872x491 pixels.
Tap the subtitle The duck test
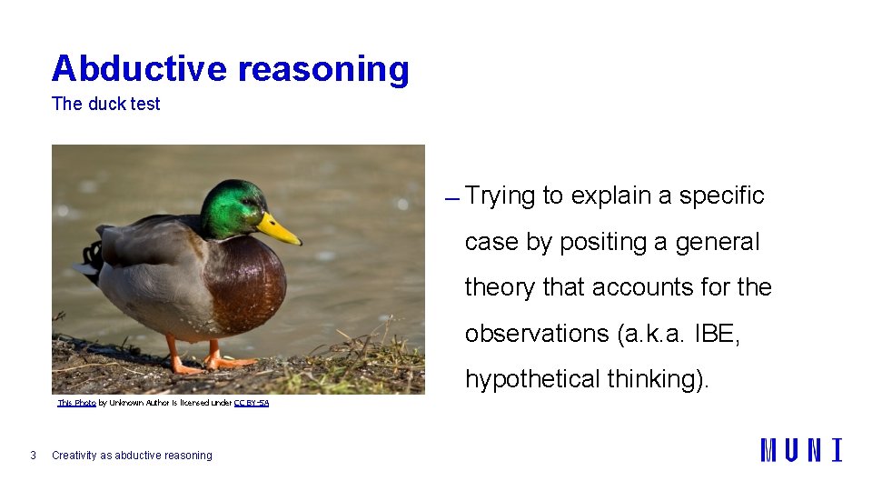pos(105,104)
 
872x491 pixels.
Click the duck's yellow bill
pos(279,230)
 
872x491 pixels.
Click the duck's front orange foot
pos(227,362)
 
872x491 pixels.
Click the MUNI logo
pos(800,450)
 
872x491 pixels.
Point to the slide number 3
pos(33,456)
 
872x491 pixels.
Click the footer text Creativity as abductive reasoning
pos(132,456)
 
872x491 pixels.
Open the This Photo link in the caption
pos(76,402)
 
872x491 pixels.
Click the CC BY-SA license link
pos(251,402)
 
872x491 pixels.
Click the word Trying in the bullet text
pos(500,195)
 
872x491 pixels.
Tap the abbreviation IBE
pos(716,334)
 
